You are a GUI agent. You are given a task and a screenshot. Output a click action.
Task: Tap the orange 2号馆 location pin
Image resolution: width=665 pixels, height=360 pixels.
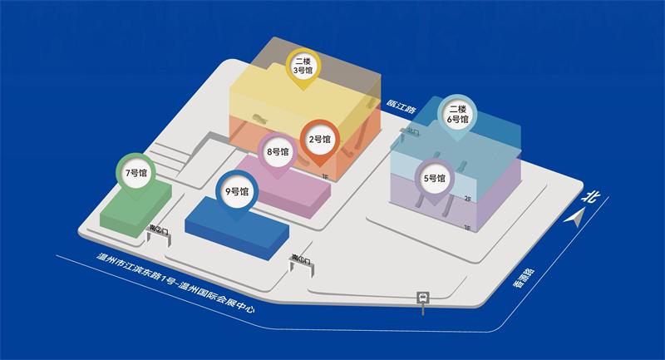pos(320,139)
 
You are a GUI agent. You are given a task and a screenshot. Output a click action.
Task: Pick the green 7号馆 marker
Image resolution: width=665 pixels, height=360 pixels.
pos(135,174)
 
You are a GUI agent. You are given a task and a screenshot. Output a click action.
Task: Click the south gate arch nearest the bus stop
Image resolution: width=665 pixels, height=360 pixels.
pos(301,263)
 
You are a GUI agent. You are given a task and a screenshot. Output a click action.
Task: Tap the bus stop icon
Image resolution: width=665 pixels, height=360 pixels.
pos(424,297)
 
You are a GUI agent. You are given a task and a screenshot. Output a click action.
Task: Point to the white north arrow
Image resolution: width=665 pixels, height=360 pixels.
pos(575,218)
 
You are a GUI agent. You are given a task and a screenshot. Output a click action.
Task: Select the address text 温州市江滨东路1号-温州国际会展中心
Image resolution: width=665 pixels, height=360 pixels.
pos(174,285)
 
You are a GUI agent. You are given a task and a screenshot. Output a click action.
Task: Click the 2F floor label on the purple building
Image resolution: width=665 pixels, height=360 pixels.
pos(468,200)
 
